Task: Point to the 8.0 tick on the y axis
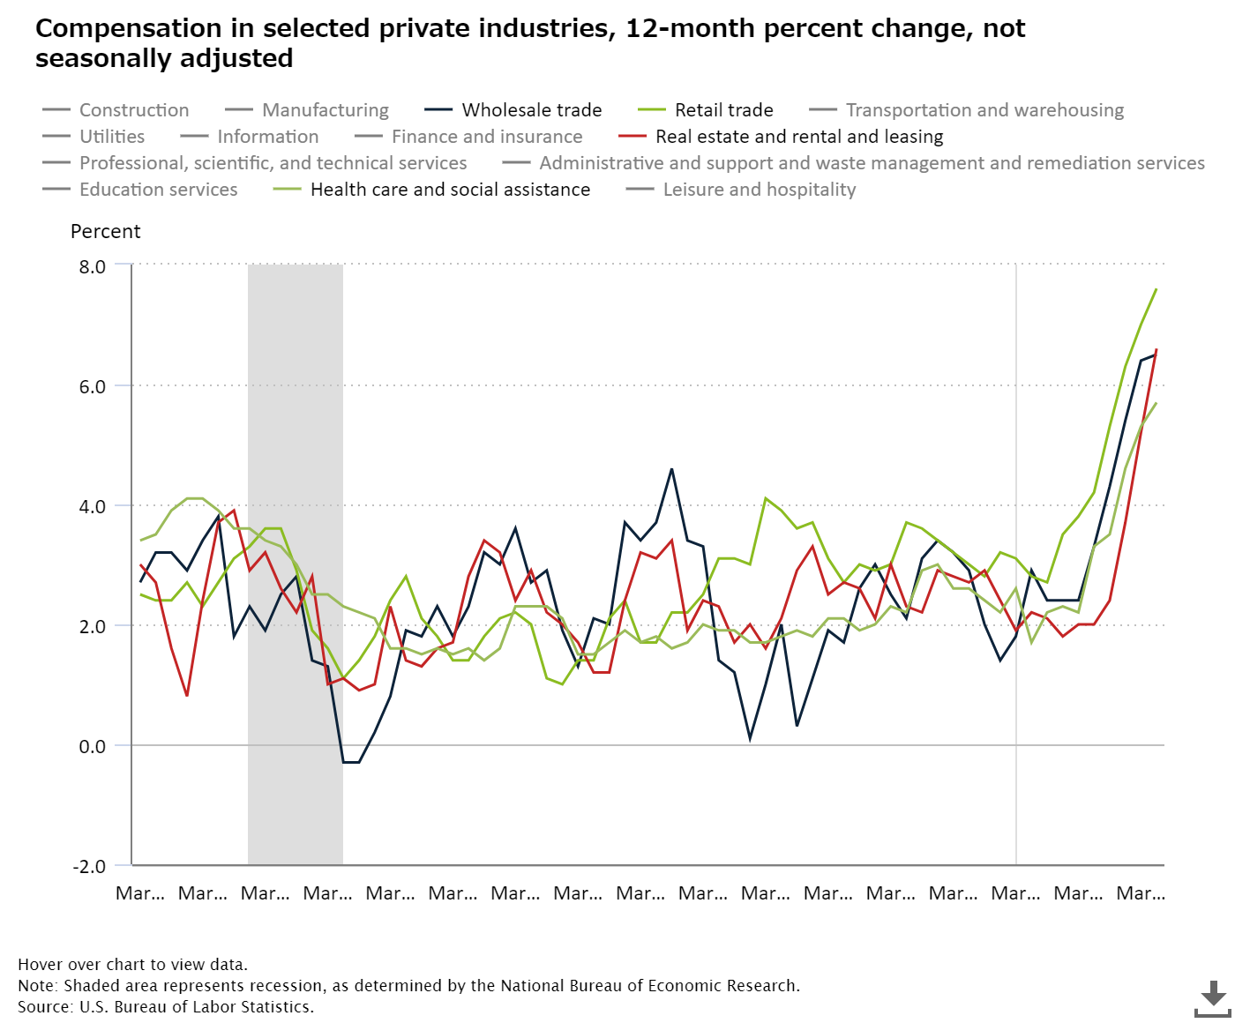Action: [92, 266]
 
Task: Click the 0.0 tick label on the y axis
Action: [92, 746]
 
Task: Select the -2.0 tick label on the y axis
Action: [89, 866]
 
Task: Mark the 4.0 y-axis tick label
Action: [92, 506]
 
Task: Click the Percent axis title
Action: [106, 231]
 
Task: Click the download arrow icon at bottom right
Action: [1213, 997]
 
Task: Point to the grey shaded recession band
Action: [295, 564]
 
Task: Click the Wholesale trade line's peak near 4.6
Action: [671, 469]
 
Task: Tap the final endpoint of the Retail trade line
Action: [1156, 289]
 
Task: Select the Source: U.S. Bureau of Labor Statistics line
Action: [166, 1006]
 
